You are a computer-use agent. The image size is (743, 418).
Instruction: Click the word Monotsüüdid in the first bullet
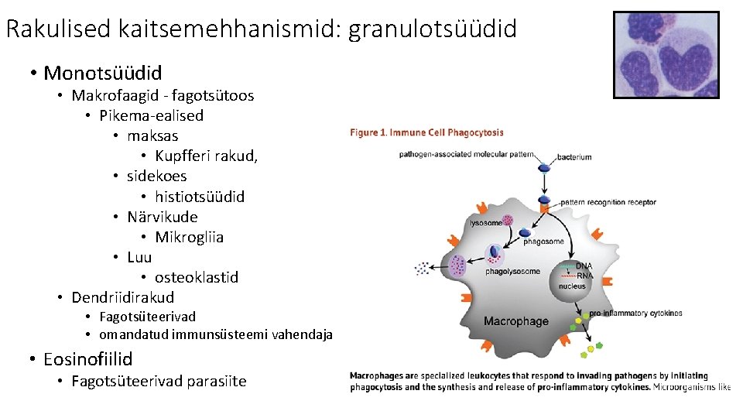[103, 74]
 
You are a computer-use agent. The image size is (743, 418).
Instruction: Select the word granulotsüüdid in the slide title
[433, 29]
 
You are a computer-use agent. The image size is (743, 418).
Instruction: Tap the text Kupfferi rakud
[206, 156]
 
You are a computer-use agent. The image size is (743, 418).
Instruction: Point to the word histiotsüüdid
[200, 197]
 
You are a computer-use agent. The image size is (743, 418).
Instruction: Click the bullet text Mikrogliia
[189, 237]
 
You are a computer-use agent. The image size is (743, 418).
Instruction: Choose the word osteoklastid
[197, 277]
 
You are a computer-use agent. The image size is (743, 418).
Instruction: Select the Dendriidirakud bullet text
[123, 297]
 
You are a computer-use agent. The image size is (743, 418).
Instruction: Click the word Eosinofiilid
[88, 359]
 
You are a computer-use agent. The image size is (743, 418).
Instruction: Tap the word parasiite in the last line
[215, 381]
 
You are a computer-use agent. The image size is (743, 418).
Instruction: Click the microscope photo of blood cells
[666, 54]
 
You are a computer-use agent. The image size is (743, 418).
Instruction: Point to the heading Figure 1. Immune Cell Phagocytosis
[426, 132]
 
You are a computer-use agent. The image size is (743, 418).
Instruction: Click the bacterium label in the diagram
[574, 157]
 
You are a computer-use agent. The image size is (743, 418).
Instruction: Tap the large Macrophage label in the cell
[515, 320]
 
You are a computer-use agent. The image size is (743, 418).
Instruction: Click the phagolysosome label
[512, 272]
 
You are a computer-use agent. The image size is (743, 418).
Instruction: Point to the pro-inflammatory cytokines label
[635, 313]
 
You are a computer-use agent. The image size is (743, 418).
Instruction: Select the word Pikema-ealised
[152, 115]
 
